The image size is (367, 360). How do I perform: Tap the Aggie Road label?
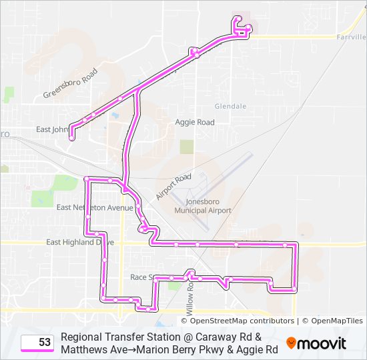point(195,122)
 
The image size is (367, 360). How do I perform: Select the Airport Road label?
point(173,186)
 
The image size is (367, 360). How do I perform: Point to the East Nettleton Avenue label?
point(95,207)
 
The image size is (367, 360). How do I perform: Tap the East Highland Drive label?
point(79,242)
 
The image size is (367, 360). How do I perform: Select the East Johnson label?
point(52,129)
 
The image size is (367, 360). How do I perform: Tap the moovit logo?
point(321,343)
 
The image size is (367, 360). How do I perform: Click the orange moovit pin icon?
point(292,343)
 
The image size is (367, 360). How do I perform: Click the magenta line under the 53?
point(38,351)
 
